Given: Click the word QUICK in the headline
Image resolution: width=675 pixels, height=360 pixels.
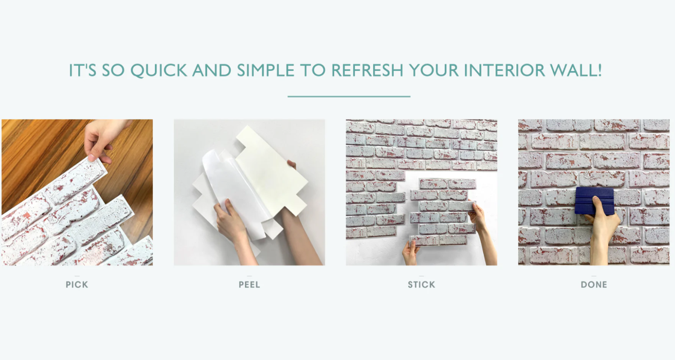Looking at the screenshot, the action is (159, 71).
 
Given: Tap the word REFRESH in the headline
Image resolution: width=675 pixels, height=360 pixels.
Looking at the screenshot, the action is (367, 70).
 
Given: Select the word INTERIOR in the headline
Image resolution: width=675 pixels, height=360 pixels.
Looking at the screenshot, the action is (504, 70).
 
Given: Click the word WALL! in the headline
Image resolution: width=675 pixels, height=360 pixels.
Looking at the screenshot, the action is (576, 70).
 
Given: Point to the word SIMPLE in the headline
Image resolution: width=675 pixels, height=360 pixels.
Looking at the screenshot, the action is (265, 70).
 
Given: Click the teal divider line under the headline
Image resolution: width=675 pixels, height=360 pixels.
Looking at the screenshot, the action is (349, 96).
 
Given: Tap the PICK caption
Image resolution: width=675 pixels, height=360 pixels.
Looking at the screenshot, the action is (77, 285).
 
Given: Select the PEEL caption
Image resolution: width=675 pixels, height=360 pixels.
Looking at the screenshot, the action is (249, 285).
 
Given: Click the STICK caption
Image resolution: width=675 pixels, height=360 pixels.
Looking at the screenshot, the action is (421, 285).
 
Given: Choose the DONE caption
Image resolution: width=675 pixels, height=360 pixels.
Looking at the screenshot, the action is (594, 285).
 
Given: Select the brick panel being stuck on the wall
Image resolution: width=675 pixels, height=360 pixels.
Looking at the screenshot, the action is (443, 211).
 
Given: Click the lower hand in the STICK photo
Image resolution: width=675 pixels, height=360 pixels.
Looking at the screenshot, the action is (410, 252).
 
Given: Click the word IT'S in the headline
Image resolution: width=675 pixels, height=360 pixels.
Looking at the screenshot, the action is (83, 70).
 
